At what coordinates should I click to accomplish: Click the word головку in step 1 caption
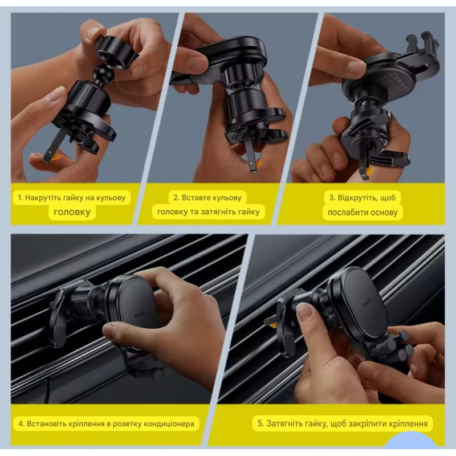pyautogui.click(x=72, y=212)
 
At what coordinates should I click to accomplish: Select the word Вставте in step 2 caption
pyautogui.click(x=194, y=198)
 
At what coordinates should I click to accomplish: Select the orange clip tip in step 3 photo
pyautogui.click(x=369, y=173)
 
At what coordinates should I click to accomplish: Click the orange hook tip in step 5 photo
pyautogui.click(x=273, y=323)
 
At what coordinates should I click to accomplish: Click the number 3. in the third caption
pyautogui.click(x=332, y=198)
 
